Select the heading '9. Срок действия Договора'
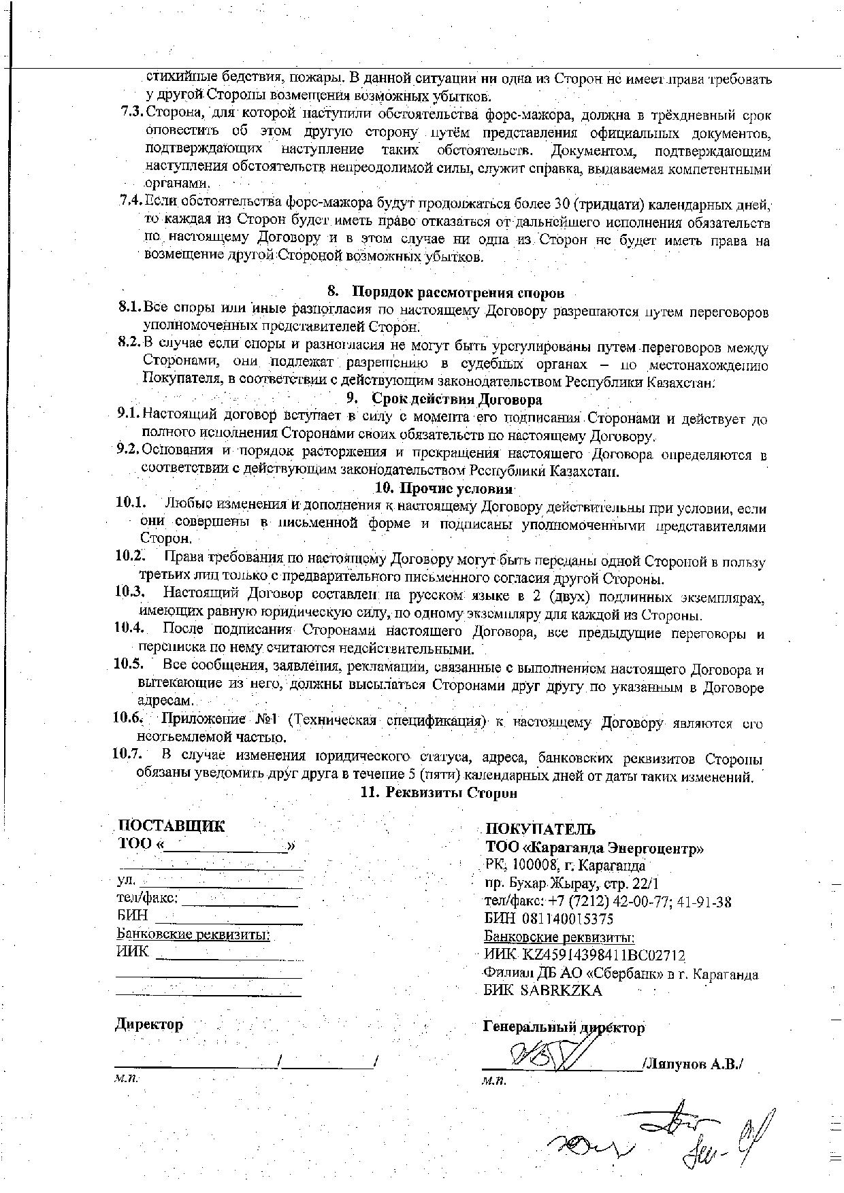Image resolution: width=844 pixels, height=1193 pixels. (x=444, y=399)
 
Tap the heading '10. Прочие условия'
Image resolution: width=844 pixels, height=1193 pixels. (x=444, y=488)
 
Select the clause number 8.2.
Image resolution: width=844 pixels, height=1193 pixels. (x=129, y=341)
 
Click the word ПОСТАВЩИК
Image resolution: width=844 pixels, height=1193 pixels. (x=171, y=826)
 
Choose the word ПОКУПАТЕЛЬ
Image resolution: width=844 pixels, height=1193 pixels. (x=540, y=829)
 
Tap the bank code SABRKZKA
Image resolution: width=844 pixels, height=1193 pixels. (x=561, y=991)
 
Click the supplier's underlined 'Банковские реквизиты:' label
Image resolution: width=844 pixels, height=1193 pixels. (x=193, y=935)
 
